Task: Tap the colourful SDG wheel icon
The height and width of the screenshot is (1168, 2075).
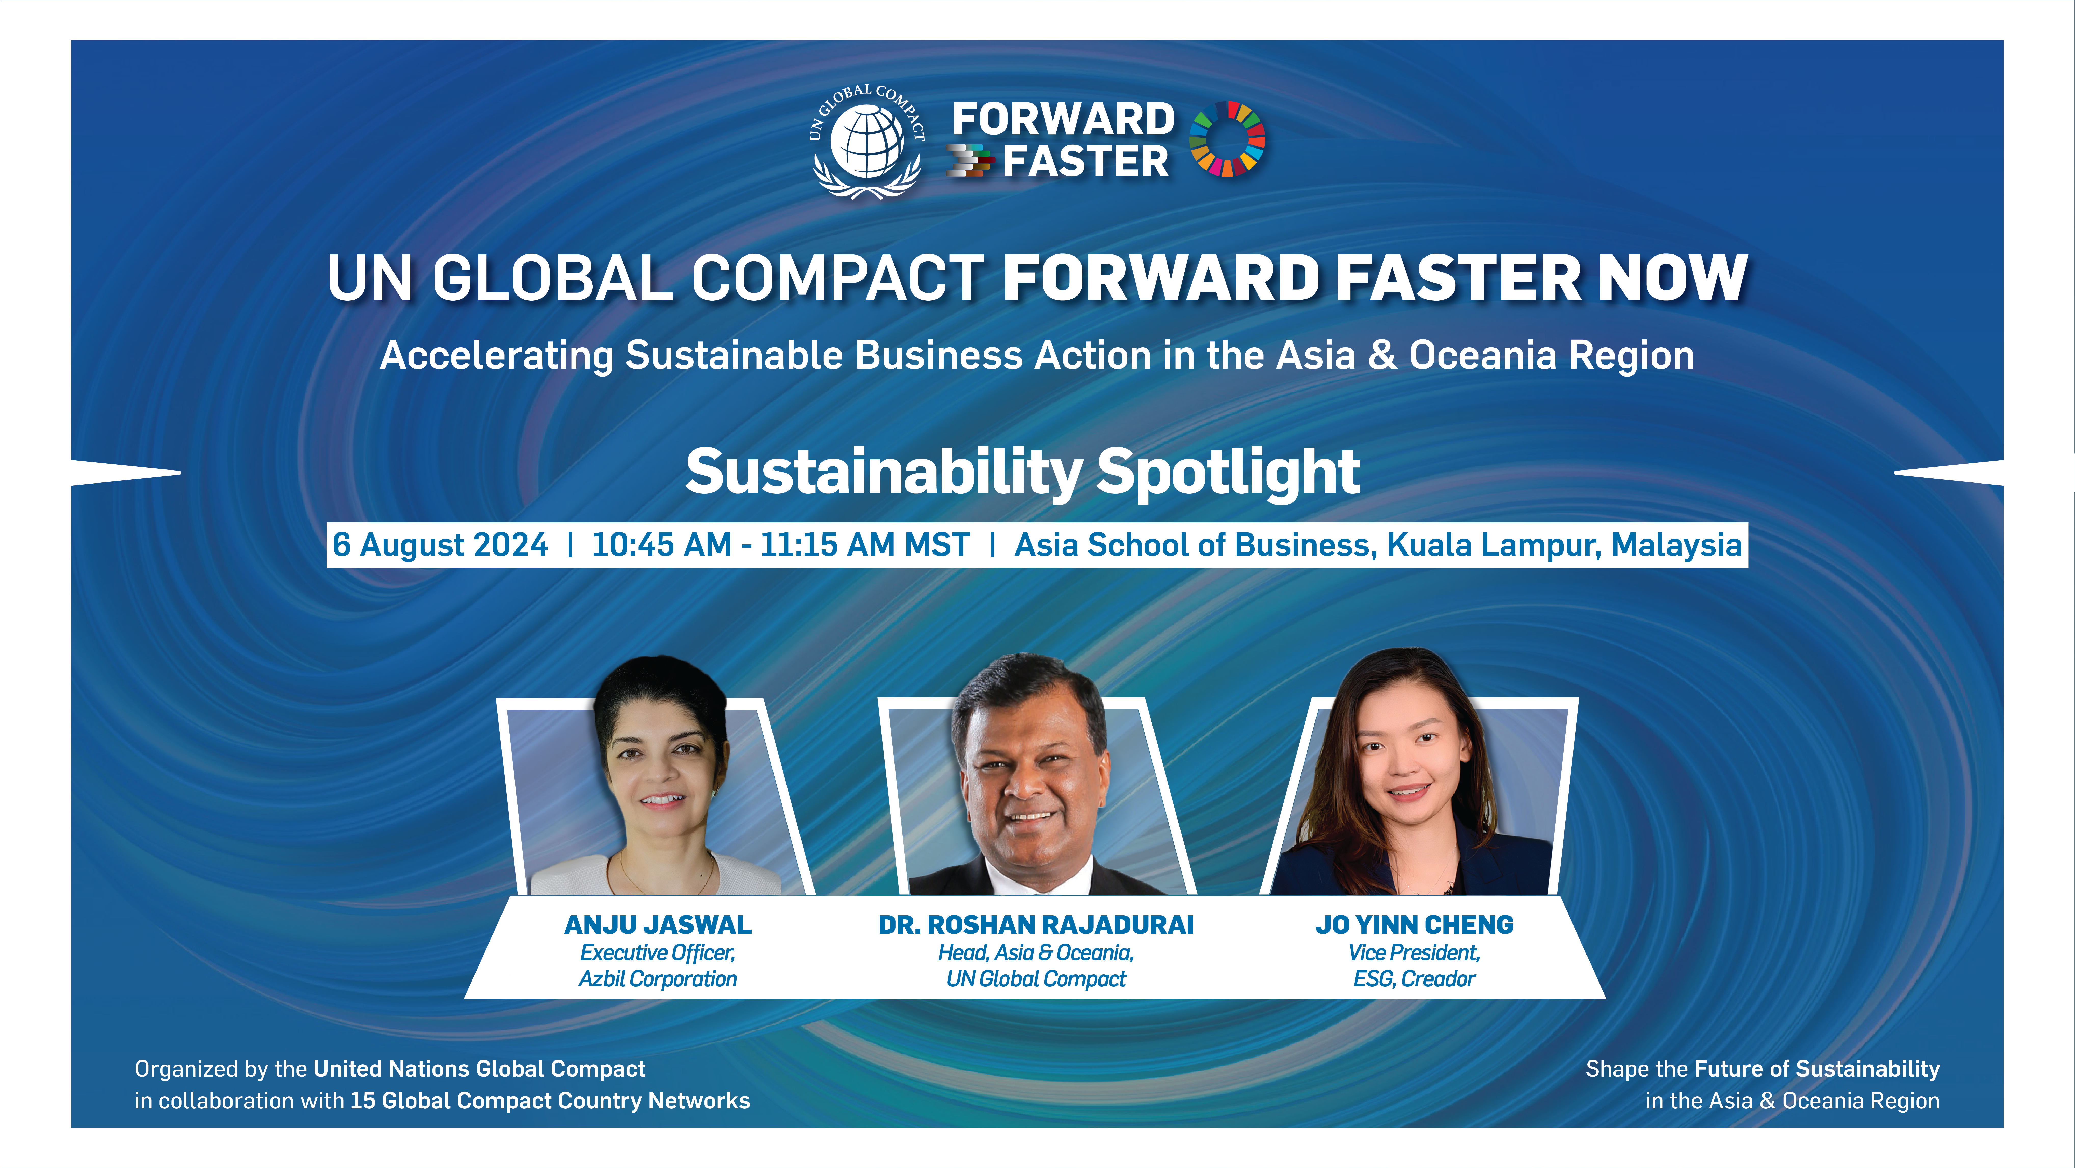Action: (1227, 139)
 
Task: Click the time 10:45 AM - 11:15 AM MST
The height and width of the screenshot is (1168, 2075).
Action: (781, 545)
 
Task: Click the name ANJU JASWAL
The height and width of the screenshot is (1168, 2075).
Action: (658, 925)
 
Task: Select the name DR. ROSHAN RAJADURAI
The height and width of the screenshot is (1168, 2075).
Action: (1036, 925)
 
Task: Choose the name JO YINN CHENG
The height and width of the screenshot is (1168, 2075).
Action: (1415, 925)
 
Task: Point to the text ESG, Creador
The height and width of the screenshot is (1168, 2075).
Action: (1415, 979)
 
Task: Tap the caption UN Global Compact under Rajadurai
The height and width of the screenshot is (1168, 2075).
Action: (1036, 979)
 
